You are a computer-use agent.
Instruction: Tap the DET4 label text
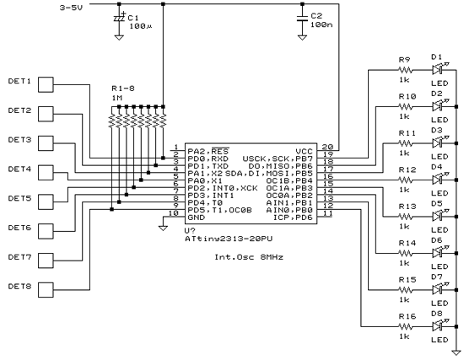[19, 169]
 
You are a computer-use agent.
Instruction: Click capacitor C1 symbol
[118, 19]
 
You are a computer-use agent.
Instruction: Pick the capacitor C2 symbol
[303, 19]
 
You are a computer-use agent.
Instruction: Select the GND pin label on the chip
[195, 217]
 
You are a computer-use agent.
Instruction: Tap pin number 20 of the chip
[326, 147]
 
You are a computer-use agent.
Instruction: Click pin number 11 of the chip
[326, 214]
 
